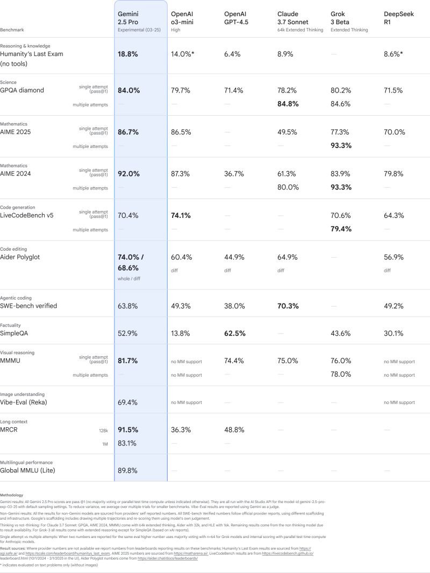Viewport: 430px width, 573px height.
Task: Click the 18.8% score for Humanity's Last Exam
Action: [128, 54]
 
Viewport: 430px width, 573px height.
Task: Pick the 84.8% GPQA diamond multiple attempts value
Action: [288, 104]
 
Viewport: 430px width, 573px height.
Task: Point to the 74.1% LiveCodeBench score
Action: [181, 216]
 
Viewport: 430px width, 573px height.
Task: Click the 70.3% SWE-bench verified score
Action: [288, 306]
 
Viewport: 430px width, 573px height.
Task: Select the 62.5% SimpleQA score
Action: [235, 334]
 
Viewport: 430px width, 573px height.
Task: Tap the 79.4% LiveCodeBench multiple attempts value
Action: [341, 229]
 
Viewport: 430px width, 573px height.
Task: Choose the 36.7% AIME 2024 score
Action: [234, 174]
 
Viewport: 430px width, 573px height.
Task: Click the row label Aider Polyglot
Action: [20, 257]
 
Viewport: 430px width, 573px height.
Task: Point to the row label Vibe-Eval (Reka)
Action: [25, 402]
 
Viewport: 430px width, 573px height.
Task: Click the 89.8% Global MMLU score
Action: [127, 471]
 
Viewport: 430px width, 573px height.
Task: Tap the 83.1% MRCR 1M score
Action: [127, 443]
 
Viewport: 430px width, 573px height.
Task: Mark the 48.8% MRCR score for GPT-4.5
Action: [234, 430]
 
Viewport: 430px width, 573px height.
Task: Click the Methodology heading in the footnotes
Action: [11, 495]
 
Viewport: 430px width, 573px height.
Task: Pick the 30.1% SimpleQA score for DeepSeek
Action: [393, 334]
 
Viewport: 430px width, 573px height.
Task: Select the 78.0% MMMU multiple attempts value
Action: [341, 374]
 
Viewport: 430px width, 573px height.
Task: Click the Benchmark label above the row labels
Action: [12, 30]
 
